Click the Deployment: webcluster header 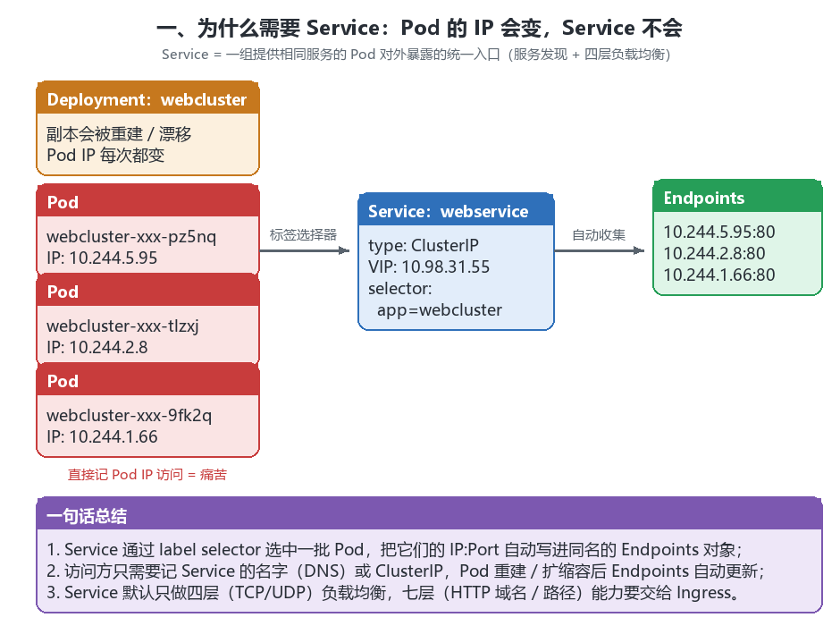tap(147, 99)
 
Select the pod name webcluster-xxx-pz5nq tap(131, 236)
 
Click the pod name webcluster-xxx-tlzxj tap(122, 326)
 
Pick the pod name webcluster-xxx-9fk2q tap(129, 415)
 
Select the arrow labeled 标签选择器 tap(305, 250)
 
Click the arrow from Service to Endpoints tap(599, 250)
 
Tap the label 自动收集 tap(599, 234)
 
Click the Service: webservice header tap(456, 211)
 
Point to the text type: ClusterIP tap(424, 245)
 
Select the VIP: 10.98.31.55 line tap(429, 266)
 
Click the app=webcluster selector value tap(440, 309)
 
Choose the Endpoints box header tap(737, 198)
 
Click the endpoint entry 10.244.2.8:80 tap(714, 253)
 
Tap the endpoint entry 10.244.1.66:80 tap(719, 275)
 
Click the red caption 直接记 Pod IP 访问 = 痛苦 tap(147, 474)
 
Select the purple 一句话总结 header tap(429, 515)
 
